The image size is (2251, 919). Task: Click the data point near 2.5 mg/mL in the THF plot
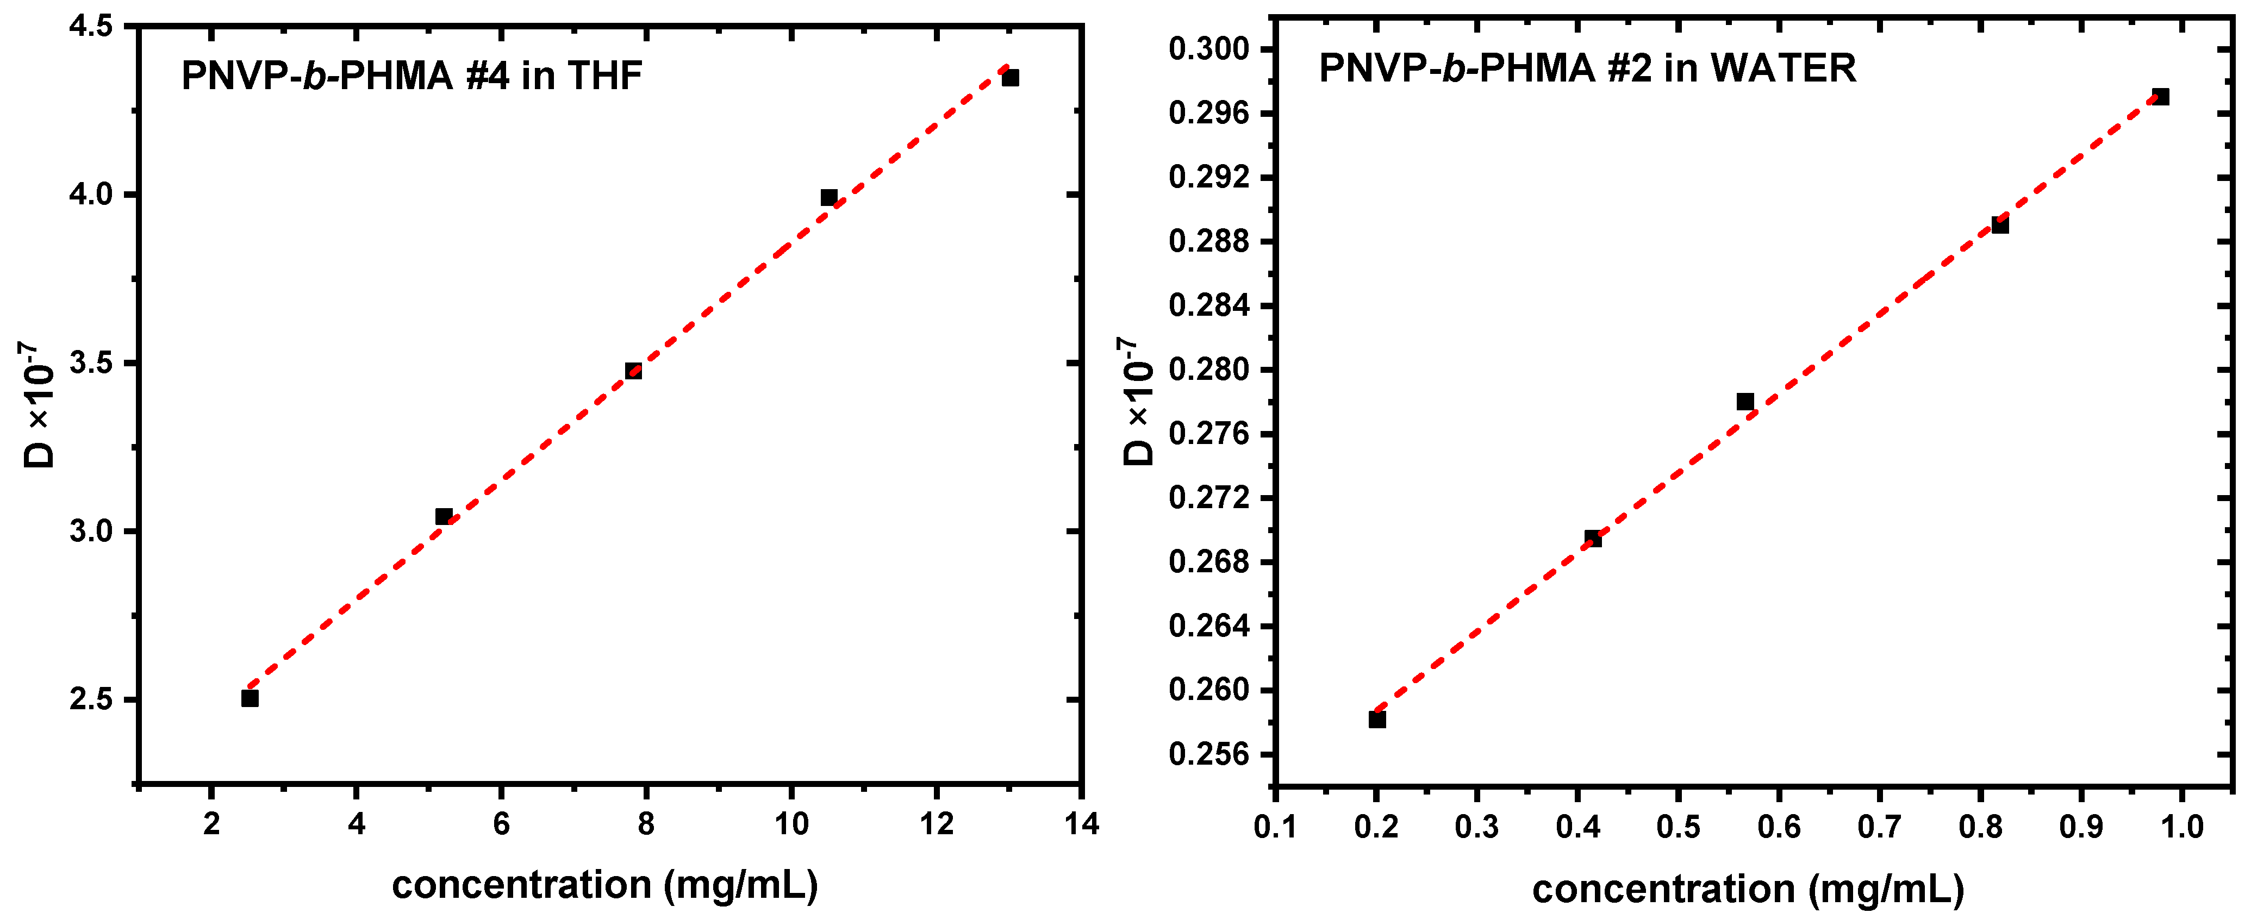click(x=250, y=698)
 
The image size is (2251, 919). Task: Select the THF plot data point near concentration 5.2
click(x=444, y=516)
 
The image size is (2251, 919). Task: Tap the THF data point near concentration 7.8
click(x=633, y=371)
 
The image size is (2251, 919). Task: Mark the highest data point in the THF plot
click(x=1010, y=78)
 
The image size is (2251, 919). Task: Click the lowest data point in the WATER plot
click(x=1377, y=719)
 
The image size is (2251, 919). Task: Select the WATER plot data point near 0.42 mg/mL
click(x=1593, y=538)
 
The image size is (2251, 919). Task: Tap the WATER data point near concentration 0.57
click(x=1745, y=402)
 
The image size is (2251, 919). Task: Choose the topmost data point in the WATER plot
click(x=2161, y=97)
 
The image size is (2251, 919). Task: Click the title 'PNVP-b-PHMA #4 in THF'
click(x=411, y=76)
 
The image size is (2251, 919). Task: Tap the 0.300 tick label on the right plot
click(x=1208, y=49)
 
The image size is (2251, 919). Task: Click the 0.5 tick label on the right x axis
click(x=1678, y=827)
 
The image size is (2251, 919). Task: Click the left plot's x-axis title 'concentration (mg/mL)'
click(x=604, y=885)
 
